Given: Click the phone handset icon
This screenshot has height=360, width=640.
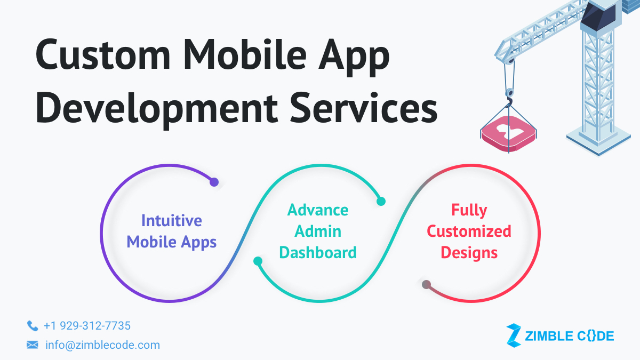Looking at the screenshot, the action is (33, 325).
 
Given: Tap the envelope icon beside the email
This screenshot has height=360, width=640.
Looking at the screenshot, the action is (33, 345).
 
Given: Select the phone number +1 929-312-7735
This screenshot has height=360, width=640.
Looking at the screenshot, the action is (87, 325).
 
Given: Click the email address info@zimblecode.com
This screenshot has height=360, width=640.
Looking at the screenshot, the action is (102, 345).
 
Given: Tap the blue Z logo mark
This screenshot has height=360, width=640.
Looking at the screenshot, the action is (513, 335).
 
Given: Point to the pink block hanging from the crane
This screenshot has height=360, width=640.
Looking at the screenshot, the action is (508, 133).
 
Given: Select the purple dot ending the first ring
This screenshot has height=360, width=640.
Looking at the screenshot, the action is (214, 182).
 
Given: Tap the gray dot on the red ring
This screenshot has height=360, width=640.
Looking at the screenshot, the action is (426, 284).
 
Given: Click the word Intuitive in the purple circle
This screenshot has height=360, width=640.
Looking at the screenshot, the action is (171, 220).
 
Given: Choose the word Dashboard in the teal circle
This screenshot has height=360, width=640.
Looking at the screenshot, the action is (318, 252).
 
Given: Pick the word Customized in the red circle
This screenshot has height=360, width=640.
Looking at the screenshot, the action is (469, 231).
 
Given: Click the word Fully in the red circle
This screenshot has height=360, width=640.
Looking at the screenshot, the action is (469, 210).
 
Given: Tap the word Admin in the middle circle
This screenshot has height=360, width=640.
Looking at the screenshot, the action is (318, 231).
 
